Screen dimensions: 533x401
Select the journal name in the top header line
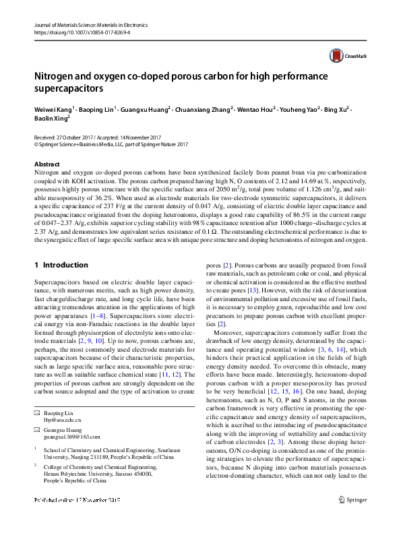[94, 24]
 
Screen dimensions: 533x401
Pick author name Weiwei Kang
[53, 108]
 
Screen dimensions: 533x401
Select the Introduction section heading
[65, 265]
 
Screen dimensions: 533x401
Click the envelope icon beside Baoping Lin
[37, 412]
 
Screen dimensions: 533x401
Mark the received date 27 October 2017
[80, 136]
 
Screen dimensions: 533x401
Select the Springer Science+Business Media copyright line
[111, 144]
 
